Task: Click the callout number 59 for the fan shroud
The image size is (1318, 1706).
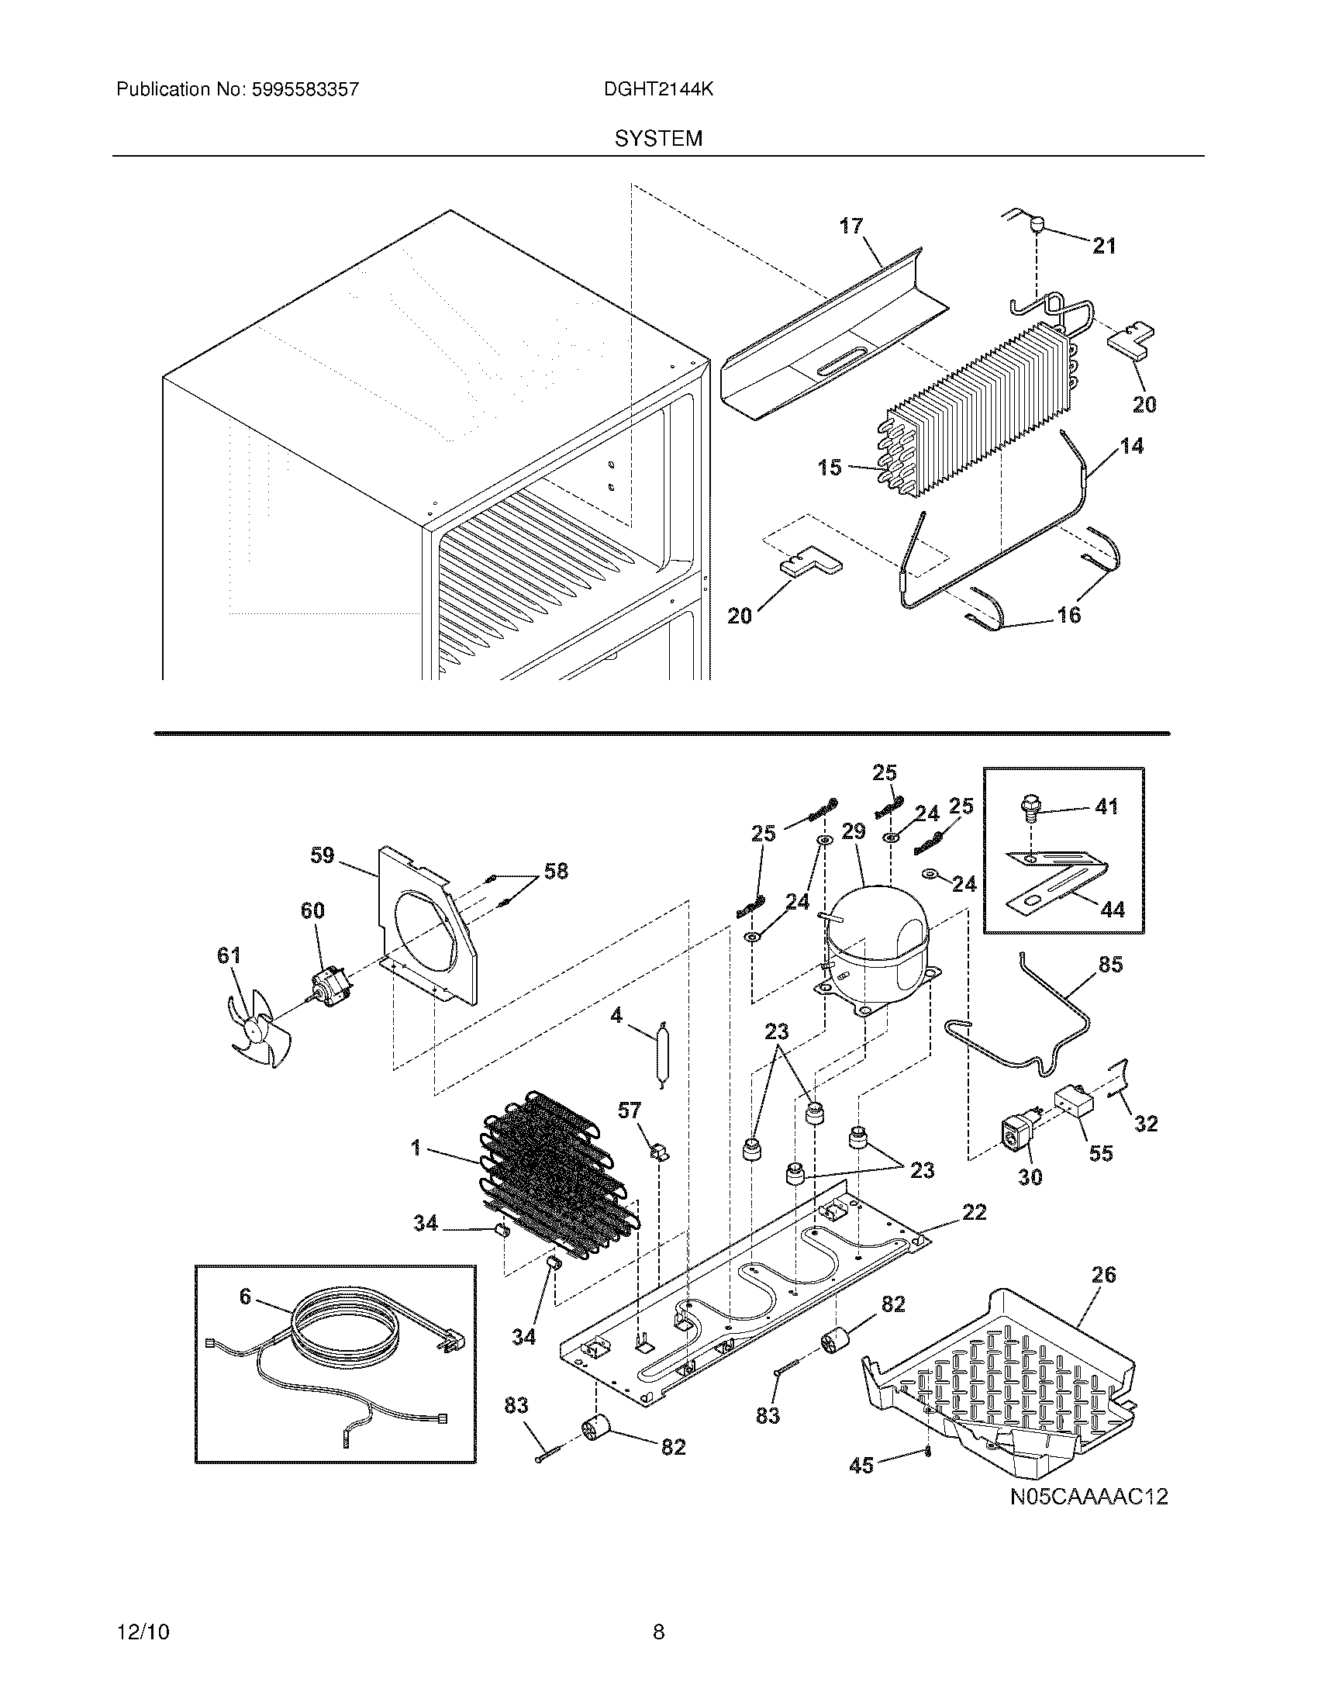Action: [322, 855]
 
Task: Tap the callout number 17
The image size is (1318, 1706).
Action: [851, 226]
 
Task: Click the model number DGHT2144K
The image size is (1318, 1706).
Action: [658, 89]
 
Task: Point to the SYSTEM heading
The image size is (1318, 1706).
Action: [658, 139]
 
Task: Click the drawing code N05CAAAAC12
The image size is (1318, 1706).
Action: [1089, 1497]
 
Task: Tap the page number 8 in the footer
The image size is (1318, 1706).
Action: [658, 1631]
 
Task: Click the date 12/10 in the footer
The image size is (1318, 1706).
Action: [143, 1631]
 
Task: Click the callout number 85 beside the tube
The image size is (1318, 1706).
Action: [1110, 965]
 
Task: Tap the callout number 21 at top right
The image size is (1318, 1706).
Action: [1104, 246]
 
